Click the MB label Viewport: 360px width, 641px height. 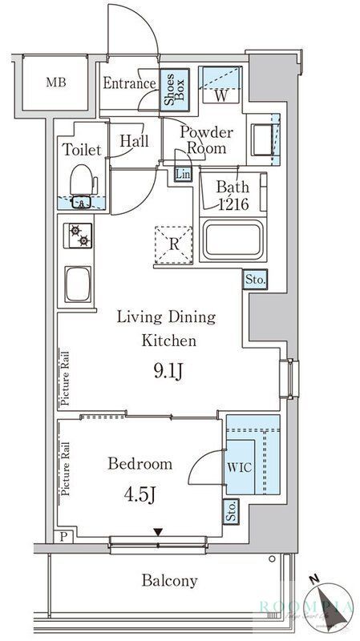tap(55, 83)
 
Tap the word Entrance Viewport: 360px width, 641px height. tap(129, 83)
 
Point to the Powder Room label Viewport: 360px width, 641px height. tap(205, 140)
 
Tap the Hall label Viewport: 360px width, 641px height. tap(134, 142)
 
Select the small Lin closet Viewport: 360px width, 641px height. tap(183, 174)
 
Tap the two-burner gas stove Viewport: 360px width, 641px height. tap(79, 236)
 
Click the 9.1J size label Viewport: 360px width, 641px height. tap(168, 370)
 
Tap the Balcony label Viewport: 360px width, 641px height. tap(170, 581)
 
